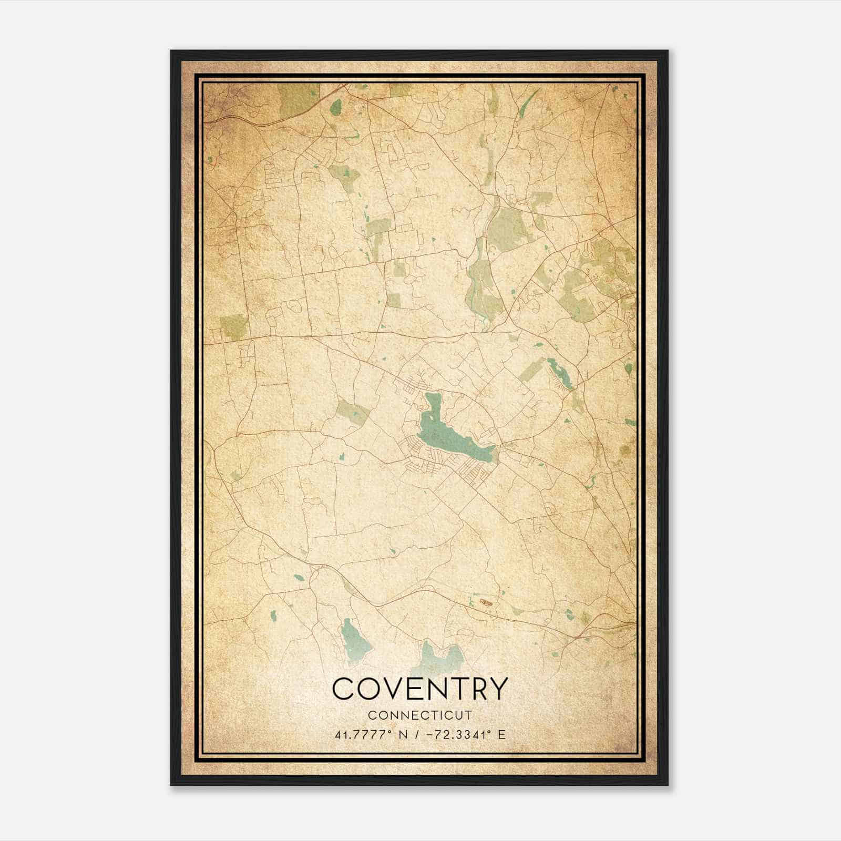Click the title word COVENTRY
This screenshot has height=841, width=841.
coord(420,688)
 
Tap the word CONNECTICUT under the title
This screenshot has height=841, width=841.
coord(420,715)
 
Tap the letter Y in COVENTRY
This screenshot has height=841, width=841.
coord(498,688)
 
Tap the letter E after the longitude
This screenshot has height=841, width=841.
coord(502,735)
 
